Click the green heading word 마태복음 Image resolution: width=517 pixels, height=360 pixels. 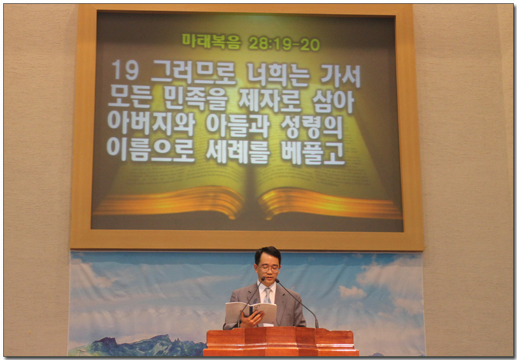point(211,41)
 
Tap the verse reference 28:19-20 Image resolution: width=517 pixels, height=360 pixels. point(284,44)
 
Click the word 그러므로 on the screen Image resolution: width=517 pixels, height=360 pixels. point(193,73)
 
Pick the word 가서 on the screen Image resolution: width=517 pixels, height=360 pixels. point(341,76)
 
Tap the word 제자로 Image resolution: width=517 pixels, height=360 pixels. point(270,100)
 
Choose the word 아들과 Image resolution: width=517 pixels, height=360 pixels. point(237,125)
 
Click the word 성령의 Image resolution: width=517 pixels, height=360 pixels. point(312,127)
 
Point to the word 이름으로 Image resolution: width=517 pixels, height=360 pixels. point(151,149)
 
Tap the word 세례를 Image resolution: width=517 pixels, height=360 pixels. point(237,152)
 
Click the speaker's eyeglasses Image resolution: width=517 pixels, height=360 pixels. point(269,268)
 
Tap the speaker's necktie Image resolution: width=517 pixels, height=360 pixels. point(267,296)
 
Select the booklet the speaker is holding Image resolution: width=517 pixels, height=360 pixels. point(251,313)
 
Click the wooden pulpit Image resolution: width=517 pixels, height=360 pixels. point(280,342)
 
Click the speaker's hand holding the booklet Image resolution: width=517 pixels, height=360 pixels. point(251,319)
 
